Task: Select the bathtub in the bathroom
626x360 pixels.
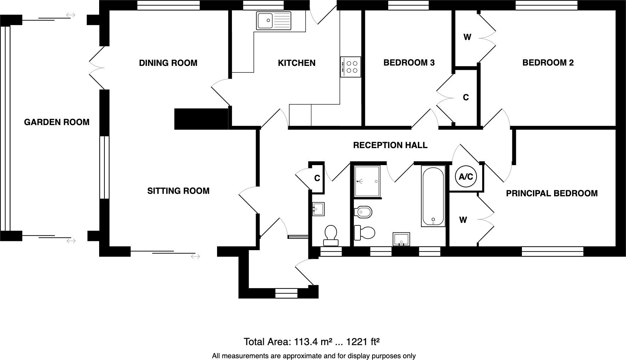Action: [433, 196]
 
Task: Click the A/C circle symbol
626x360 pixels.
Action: [466, 176]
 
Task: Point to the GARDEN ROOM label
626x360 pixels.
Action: [57, 122]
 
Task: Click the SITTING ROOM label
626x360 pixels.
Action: [178, 191]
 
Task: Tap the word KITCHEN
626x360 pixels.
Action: [296, 63]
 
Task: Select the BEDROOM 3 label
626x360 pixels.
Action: [409, 63]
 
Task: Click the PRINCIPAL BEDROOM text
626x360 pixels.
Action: [551, 193]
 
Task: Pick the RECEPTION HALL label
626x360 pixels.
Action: [390, 145]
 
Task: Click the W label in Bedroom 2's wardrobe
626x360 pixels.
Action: [467, 37]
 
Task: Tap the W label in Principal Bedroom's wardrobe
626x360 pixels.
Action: [463, 220]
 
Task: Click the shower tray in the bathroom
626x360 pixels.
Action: [367, 181]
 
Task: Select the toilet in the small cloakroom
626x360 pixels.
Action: [331, 235]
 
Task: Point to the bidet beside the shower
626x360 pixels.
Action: [363, 212]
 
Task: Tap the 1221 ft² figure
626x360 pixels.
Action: [363, 342]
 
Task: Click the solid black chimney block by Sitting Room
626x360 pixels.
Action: [201, 119]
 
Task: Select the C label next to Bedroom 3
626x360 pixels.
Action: [466, 97]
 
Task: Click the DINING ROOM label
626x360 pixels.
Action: [168, 63]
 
